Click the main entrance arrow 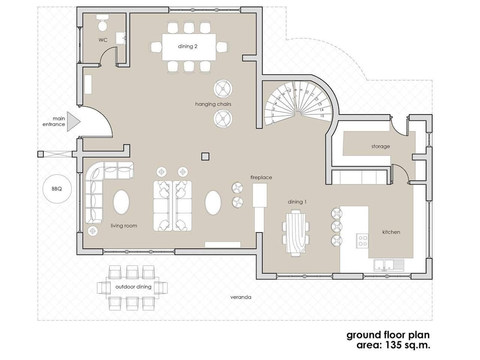(73, 122)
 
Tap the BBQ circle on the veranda (57, 189)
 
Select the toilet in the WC (103, 23)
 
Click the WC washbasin (120, 37)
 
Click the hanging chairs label (213, 104)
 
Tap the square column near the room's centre (205, 156)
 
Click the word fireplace (261, 177)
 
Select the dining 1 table (296, 233)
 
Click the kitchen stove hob (362, 240)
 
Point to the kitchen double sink (388, 265)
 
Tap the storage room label (381, 146)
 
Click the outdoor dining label (133, 287)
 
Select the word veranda (241, 297)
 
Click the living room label (124, 226)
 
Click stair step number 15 (322, 116)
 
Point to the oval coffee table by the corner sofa (121, 202)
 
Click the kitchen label (391, 232)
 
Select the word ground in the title (363, 336)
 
